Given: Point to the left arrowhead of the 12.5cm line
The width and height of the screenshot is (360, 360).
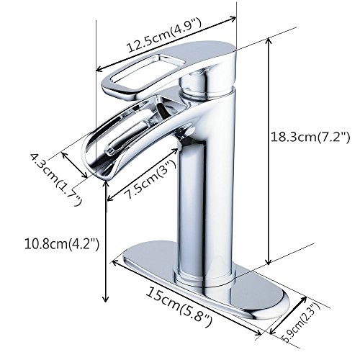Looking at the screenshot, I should [x=98, y=71].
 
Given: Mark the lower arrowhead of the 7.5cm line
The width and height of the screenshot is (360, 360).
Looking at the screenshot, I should [x=108, y=199].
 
